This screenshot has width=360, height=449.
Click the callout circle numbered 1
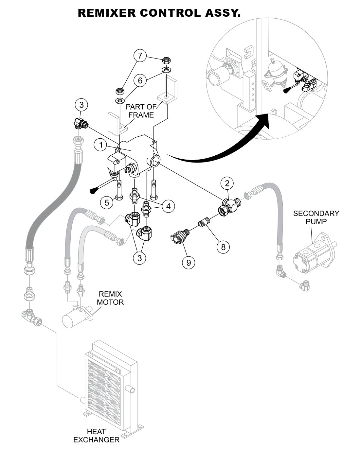coord(101,145)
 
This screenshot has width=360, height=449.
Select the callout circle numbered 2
coord(227,183)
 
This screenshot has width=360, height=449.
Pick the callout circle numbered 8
coord(223,247)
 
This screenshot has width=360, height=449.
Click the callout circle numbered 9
coord(189,262)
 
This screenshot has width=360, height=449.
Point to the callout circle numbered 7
coord(140,56)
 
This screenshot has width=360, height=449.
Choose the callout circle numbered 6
coord(140,80)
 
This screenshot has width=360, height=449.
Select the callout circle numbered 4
coord(168,206)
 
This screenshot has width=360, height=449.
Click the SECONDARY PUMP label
coord(316,217)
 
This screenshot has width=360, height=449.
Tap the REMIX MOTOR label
coord(110,298)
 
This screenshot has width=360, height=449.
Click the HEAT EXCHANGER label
coord(96,436)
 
